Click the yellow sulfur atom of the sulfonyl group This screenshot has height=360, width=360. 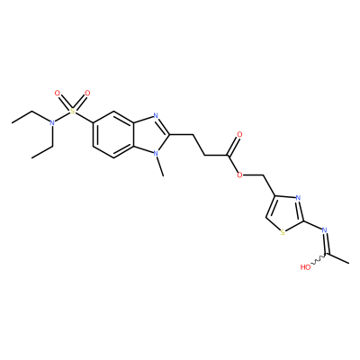(x=72, y=112)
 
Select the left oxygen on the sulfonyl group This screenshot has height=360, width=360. (x=58, y=94)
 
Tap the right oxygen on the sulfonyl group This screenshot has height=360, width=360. (x=87, y=94)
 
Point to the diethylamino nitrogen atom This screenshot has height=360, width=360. (x=52, y=122)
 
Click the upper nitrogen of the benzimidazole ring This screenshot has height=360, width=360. (x=155, y=115)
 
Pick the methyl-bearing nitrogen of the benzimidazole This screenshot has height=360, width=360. (x=155, y=153)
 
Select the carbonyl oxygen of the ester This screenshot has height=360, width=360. (x=239, y=134)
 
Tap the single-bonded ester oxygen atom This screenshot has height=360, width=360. (x=239, y=175)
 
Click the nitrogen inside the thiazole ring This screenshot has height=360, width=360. (x=298, y=198)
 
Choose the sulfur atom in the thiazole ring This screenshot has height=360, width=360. (x=283, y=232)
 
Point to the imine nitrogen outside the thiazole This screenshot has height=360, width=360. (x=324, y=230)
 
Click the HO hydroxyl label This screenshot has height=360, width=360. (x=305, y=267)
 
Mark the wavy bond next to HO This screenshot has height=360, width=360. (x=319, y=259)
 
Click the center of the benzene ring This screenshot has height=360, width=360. (x=113, y=134)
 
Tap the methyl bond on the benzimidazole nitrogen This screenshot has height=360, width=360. (x=159, y=166)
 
